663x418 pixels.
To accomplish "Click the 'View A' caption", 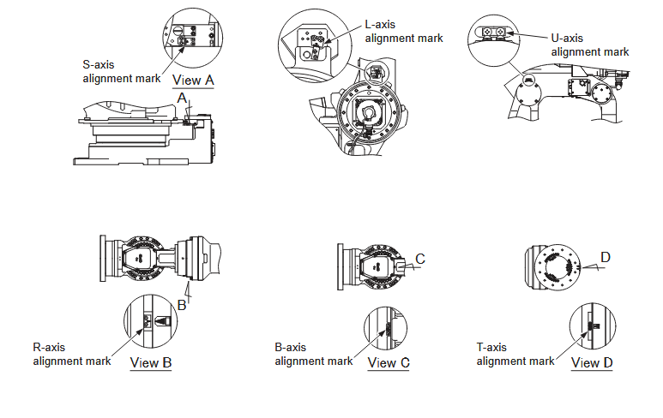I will [193, 81].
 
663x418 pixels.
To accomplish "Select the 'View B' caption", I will [151, 362].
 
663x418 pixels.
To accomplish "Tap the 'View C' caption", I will [388, 362].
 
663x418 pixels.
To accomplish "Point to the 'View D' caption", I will [592, 362].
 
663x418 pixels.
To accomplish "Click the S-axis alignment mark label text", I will [122, 70].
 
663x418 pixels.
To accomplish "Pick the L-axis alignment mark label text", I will [404, 31].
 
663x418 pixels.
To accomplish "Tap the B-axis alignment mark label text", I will [313, 354].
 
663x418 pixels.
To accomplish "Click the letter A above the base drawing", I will [182, 99].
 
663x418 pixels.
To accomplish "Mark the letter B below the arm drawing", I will [182, 304].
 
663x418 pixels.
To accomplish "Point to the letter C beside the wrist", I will [419, 259].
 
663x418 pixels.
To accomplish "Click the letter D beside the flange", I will [606, 257].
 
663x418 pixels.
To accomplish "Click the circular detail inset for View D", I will [592, 325].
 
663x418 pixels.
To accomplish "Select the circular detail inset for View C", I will [388, 325].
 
